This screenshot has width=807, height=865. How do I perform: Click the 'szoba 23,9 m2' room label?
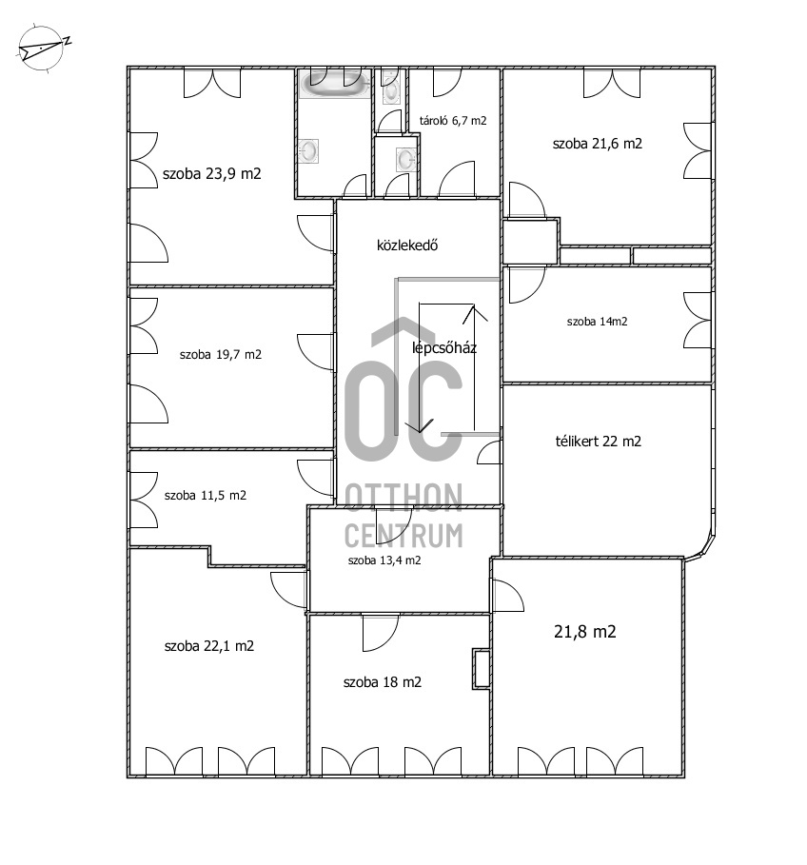(212, 174)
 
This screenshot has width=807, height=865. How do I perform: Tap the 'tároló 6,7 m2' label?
(453, 121)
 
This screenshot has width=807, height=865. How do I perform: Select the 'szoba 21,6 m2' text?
(598, 144)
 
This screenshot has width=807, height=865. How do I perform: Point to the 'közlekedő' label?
(407, 246)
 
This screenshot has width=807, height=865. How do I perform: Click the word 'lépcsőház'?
(444, 347)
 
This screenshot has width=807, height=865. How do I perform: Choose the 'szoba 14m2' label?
(597, 322)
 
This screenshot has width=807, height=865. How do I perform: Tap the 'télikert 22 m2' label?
(598, 442)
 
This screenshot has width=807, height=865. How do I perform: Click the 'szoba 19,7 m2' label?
(221, 355)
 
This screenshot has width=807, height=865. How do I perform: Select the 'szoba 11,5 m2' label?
(206, 496)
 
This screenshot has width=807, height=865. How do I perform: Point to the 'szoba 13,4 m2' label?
(384, 560)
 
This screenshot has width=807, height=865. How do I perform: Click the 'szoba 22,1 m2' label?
(209, 646)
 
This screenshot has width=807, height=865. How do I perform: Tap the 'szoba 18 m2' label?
(383, 682)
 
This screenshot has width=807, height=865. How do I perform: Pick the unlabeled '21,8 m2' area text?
(584, 632)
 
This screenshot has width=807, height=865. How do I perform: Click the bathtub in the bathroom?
(335, 87)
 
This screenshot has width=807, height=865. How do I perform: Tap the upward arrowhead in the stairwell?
(474, 313)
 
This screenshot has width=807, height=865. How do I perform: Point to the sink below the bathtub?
(308, 150)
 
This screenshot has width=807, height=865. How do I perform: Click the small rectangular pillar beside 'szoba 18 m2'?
(482, 669)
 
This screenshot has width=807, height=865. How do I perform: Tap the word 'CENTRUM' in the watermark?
(403, 535)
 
